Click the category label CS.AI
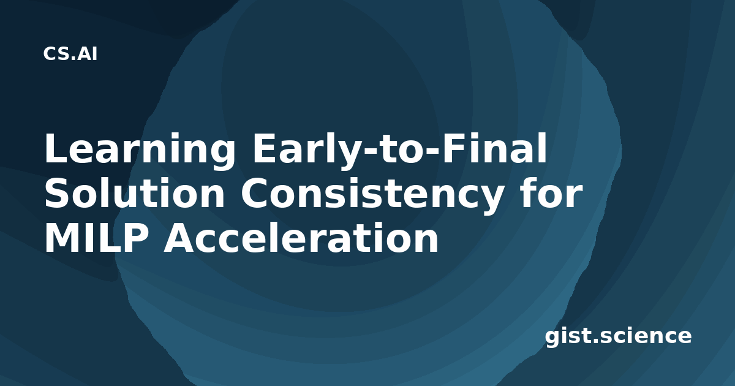[70, 54]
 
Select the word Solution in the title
[135, 192]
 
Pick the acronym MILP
[96, 238]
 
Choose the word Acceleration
[301, 237]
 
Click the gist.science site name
[618, 336]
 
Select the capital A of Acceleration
[180, 238]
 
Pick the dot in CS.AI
[73, 58]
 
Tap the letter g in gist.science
[552, 338]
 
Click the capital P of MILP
[134, 238]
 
